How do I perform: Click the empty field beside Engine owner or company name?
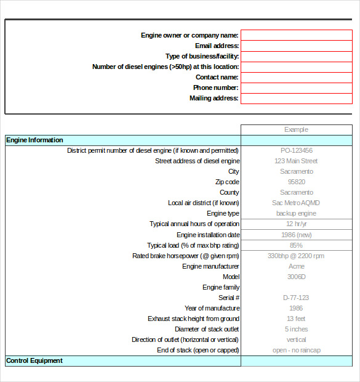[x=296, y=35]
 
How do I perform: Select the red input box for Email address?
[x=296, y=46]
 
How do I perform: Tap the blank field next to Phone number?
[x=296, y=87]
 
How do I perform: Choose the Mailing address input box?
[x=296, y=98]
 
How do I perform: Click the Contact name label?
[x=217, y=77]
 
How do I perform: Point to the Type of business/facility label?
[x=202, y=56]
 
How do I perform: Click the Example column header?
[x=296, y=129]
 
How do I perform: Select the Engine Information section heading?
[x=34, y=140]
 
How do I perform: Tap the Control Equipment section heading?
[x=34, y=360]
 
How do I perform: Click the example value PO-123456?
[x=296, y=150]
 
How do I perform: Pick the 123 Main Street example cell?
[x=296, y=161]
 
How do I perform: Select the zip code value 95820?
[x=296, y=182]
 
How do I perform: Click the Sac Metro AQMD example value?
[x=296, y=203]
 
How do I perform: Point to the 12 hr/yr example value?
[x=296, y=224]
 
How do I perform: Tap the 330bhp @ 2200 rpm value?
[x=296, y=256]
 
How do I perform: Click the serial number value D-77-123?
[x=296, y=298]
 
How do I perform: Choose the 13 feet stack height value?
[x=296, y=319]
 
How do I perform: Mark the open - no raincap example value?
[x=296, y=350]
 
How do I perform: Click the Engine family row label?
[x=221, y=287]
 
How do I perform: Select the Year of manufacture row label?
[x=212, y=308]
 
